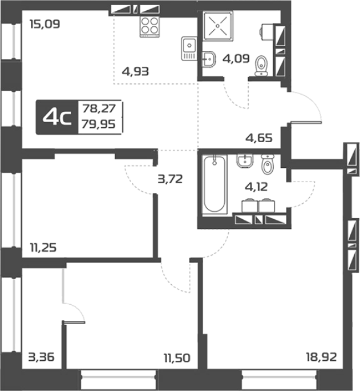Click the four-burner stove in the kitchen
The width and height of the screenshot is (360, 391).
click(149, 27)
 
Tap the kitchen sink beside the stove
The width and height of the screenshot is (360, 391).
click(189, 49)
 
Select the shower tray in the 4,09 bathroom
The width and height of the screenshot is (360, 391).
click(218, 26)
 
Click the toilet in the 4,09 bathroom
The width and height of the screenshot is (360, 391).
click(261, 65)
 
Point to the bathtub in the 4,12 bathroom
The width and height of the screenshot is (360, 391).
click(215, 184)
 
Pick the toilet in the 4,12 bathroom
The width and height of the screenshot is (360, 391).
click(268, 164)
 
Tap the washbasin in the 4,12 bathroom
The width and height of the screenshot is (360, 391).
click(245, 161)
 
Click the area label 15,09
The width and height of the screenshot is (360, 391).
click(45, 25)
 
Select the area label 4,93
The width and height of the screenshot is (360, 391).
click(135, 71)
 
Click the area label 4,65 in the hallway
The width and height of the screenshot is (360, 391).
click(259, 138)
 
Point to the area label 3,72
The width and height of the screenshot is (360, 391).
click(170, 179)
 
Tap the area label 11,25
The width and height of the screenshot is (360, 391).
click(43, 248)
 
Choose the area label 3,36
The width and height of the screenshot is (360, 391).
click(42, 357)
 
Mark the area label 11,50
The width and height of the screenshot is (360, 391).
click(177, 358)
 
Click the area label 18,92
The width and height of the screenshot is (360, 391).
click(321, 357)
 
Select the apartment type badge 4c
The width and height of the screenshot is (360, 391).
click(57, 118)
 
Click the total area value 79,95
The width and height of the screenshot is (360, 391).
click(99, 124)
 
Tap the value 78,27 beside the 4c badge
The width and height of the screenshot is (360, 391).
click(99, 108)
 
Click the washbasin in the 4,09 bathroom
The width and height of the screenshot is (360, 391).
click(208, 59)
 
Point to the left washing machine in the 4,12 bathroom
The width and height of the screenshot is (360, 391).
click(249, 205)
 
